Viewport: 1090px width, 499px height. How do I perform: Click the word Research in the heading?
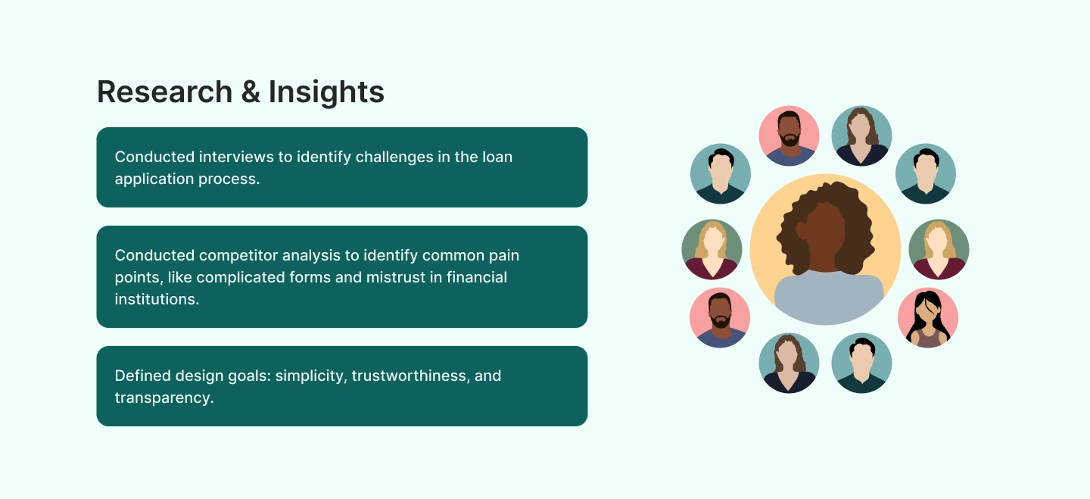(x=165, y=92)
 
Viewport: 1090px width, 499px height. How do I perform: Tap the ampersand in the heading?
(x=251, y=92)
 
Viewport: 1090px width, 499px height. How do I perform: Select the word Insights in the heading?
(x=326, y=92)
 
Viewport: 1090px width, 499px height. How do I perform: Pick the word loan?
(x=497, y=157)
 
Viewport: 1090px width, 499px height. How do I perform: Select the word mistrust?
(x=396, y=277)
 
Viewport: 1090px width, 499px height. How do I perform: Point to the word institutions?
(x=157, y=299)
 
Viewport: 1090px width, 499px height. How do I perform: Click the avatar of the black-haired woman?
(x=928, y=317)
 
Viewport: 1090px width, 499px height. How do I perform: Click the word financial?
(x=476, y=277)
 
